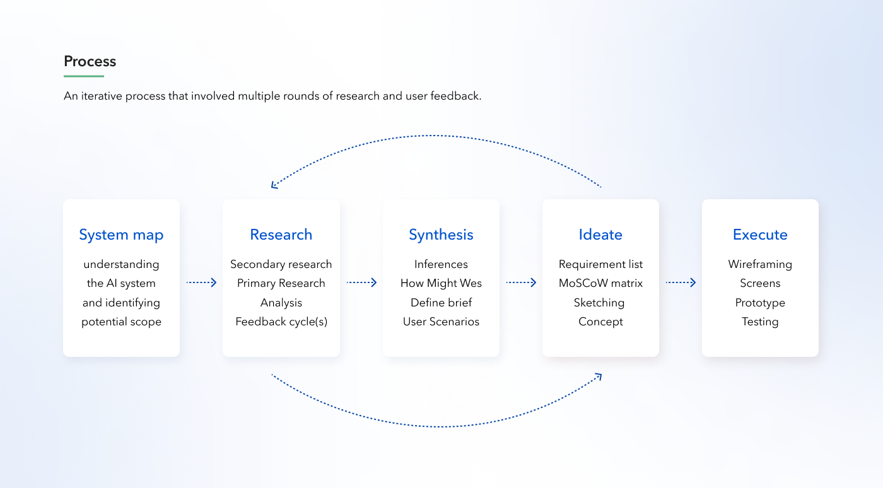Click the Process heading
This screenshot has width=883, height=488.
tap(90, 62)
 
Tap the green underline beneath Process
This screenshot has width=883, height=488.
tap(84, 76)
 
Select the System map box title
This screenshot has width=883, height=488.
tap(121, 235)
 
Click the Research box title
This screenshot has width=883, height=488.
tap(281, 235)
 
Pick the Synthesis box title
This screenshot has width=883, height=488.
tap(441, 235)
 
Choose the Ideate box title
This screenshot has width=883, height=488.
tap(600, 235)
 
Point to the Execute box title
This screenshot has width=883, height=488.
tap(760, 235)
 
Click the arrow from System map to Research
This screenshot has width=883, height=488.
tap(201, 283)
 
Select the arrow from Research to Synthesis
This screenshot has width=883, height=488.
tap(361, 283)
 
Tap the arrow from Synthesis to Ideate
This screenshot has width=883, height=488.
tap(521, 283)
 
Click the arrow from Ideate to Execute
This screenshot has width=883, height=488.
tap(681, 283)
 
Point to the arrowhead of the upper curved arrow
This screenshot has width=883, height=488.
tap(273, 186)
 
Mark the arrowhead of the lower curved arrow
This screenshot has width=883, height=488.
tap(599, 376)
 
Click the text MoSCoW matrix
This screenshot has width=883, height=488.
tap(600, 283)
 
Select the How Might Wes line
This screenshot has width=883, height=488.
tap(441, 283)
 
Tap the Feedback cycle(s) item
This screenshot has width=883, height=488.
tap(281, 322)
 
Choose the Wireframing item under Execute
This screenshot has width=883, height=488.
tap(760, 264)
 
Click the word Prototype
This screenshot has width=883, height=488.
tap(760, 303)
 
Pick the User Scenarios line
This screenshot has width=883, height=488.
tap(441, 322)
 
